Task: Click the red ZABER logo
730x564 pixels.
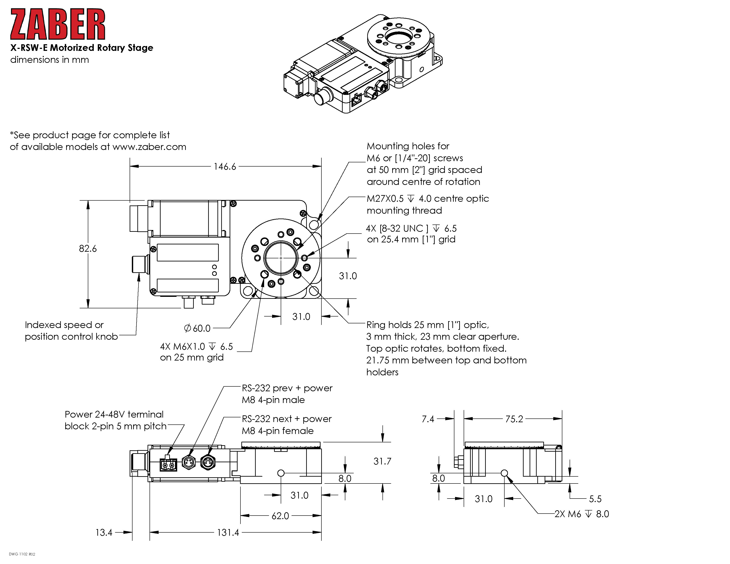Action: point(58,24)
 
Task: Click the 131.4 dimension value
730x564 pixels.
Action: point(228,532)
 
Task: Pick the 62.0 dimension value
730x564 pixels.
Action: point(280,516)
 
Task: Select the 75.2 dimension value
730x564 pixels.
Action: point(514,419)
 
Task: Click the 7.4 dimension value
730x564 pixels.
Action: point(428,419)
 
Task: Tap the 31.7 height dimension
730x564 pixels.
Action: point(382,461)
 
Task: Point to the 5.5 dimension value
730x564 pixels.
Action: point(595,499)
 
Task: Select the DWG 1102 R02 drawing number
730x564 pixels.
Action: point(22,554)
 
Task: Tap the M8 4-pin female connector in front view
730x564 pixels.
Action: point(208,463)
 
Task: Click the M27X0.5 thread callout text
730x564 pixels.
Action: point(385,198)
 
